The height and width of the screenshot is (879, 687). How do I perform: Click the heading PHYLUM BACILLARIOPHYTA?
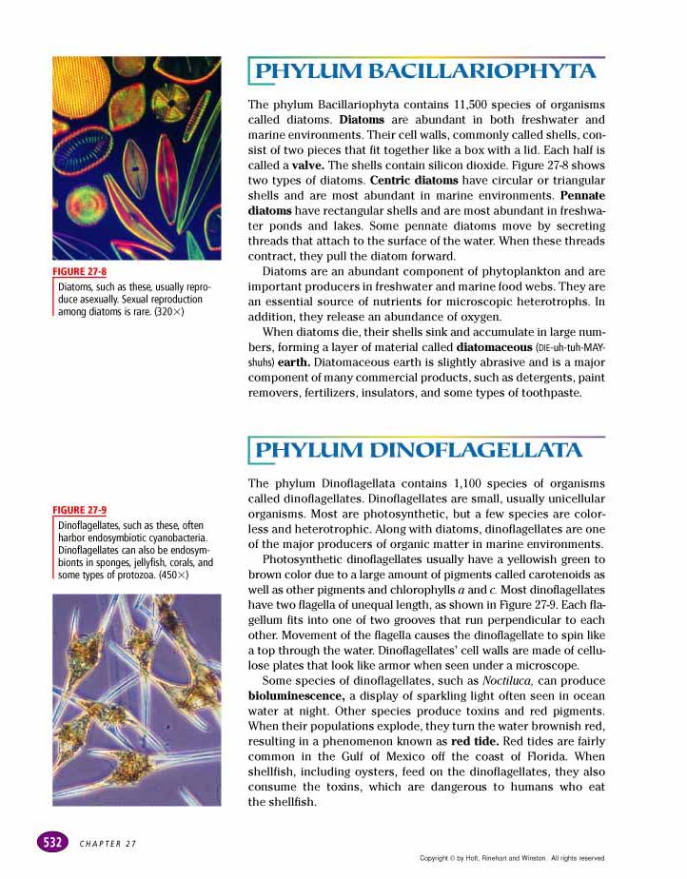click(x=426, y=70)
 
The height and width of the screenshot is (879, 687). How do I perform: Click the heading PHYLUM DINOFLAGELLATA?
click(x=420, y=449)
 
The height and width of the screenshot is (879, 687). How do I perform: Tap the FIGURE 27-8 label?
click(x=78, y=272)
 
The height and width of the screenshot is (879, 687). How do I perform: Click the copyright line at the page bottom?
click(x=512, y=858)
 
